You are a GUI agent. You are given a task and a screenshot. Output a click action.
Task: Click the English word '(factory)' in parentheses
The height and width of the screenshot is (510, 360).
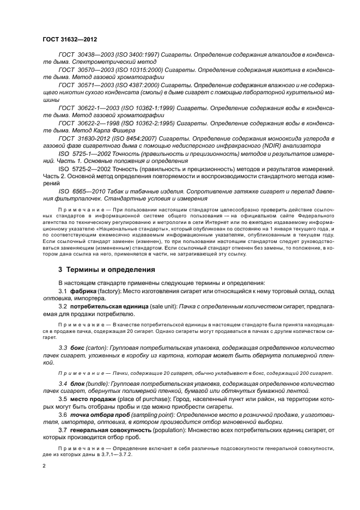pyautogui.click(x=111, y=291)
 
